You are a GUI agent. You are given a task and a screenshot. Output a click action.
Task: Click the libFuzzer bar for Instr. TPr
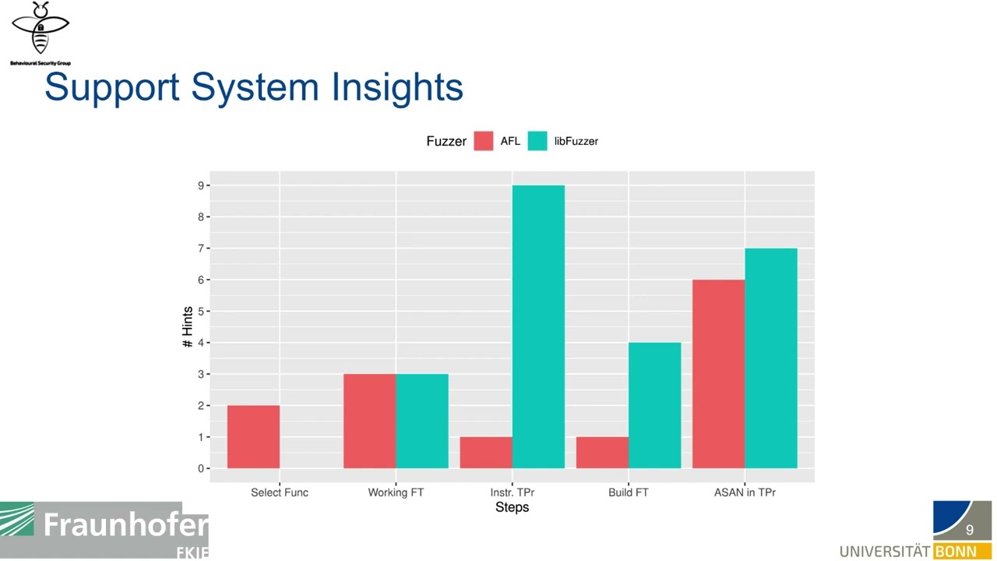coord(538,326)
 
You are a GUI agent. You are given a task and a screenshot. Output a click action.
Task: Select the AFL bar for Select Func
coord(253,436)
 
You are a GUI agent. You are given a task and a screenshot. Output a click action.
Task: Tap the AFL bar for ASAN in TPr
coord(718,374)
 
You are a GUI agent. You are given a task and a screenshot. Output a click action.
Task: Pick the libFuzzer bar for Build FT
coord(654,405)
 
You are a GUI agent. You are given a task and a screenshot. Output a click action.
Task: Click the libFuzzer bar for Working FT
coord(422,421)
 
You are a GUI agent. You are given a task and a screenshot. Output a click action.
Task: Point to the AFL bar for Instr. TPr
coord(486,453)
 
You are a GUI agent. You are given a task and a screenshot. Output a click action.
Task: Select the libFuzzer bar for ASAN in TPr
coord(770,358)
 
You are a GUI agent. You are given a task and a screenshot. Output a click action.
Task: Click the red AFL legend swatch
coord(484,141)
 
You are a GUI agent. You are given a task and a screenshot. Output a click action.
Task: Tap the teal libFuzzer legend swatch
coord(537,141)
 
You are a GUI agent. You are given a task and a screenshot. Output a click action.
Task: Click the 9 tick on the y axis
coord(201,185)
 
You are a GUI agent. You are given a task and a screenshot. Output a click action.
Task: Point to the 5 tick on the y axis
coord(201,311)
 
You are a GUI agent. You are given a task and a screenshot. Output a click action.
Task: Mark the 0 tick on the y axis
coord(201,468)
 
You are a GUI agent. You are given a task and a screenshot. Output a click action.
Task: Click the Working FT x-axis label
coord(396,492)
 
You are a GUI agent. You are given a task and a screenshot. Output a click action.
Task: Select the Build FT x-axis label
coord(628,492)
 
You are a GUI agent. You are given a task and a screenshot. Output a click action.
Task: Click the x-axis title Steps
coord(512,507)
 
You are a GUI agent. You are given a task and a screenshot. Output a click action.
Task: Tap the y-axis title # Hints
coord(188,327)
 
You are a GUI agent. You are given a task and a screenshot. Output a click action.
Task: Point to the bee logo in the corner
coord(41,30)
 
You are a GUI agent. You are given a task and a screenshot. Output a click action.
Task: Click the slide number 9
coord(970,530)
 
